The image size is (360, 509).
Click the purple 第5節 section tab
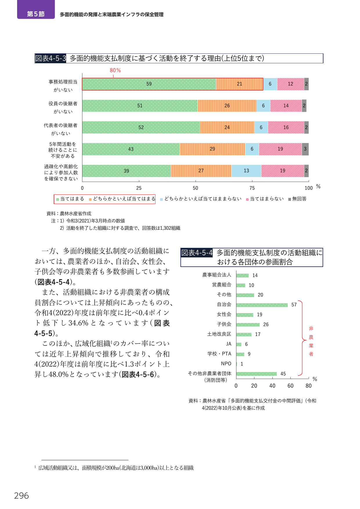tap(36, 10)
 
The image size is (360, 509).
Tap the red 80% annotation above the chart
tap(115, 70)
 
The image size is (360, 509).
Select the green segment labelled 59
tap(149, 84)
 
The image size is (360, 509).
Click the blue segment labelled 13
tap(246, 171)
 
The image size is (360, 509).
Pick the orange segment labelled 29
tap(212, 149)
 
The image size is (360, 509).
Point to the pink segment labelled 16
tap(286, 127)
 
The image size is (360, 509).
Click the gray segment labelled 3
tap(305, 149)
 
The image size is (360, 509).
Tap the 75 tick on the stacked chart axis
tap(252, 188)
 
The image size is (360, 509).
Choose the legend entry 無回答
tap(297, 199)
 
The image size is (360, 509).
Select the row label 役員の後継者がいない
tap(63, 107)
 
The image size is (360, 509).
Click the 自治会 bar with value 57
tap(262, 305)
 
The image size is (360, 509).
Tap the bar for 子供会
tap(248, 325)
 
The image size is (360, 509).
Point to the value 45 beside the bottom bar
tap(283, 374)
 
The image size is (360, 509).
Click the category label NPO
tap(226, 364)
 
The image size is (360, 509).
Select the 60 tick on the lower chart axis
tap(290, 386)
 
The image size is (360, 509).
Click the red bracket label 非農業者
tap(311, 341)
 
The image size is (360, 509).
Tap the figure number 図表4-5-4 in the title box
tap(197, 253)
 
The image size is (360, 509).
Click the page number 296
tap(21, 496)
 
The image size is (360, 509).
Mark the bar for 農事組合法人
tap(243, 275)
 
